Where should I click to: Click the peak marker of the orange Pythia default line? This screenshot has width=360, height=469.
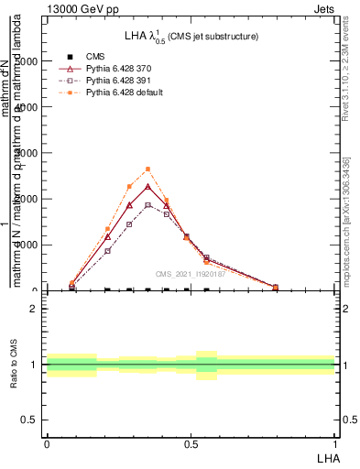pyautogui.click(x=147, y=169)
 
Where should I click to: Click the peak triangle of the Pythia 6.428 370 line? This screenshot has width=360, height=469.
pyautogui.click(x=147, y=187)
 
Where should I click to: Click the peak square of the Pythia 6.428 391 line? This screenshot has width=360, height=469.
pyautogui.click(x=147, y=204)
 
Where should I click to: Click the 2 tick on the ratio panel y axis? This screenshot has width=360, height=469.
pyautogui.click(x=34, y=309)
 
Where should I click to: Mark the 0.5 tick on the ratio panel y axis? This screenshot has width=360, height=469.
pyautogui.click(x=29, y=420)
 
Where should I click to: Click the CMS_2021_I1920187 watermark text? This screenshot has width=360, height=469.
pyautogui.click(x=190, y=274)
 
